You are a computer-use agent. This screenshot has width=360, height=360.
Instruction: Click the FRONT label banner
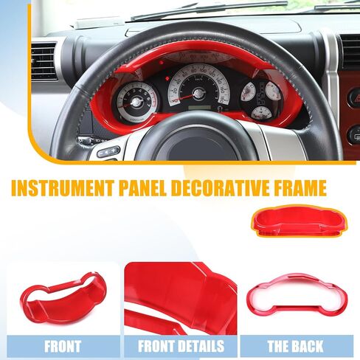tap(63, 346)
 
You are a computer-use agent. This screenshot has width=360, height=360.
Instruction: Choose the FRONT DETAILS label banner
tap(181, 346)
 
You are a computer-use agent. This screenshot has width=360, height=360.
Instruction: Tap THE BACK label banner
tap(297, 346)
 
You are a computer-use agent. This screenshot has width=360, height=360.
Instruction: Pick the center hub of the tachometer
tap(136, 102)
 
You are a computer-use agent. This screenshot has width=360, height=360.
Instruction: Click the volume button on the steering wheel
tap(108, 151)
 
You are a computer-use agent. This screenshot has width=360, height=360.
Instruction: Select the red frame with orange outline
tap(300, 221)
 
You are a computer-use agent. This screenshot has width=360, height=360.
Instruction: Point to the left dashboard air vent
tap(44, 61)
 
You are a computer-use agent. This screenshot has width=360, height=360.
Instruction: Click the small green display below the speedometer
tap(199, 108)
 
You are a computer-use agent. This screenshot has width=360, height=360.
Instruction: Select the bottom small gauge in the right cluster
tap(263, 114)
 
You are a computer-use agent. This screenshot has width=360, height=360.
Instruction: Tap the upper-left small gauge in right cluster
tap(249, 92)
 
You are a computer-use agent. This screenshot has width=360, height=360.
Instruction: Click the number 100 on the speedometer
tap(203, 70)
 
